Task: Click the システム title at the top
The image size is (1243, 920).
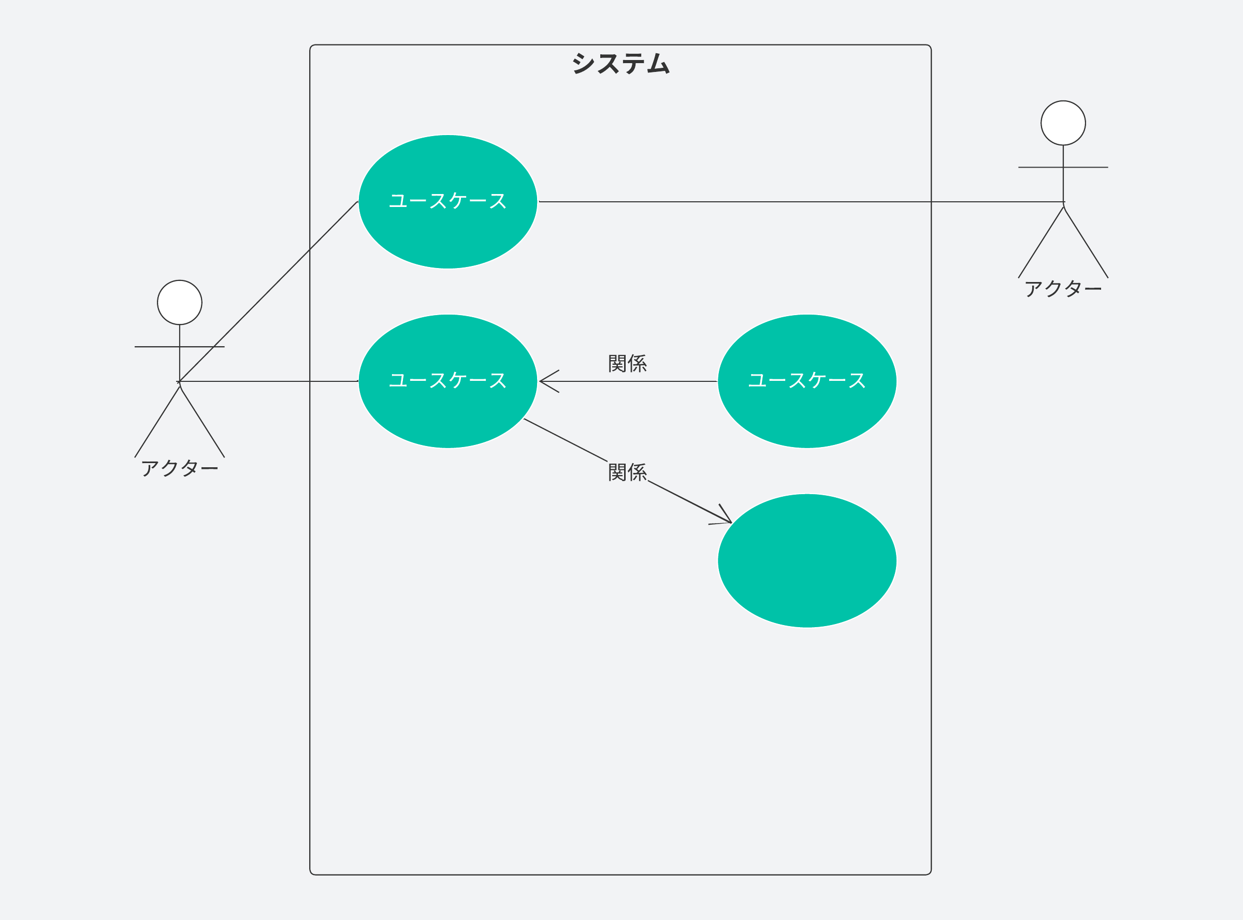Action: [x=620, y=64]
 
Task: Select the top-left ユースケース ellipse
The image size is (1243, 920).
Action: [x=447, y=234]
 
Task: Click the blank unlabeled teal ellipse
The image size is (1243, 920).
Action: [x=806, y=561]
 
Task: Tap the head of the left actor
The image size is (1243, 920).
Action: [x=180, y=302]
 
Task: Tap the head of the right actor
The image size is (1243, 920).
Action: [x=1063, y=123]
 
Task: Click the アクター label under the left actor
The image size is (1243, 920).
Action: [x=180, y=468]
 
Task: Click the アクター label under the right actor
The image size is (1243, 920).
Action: [x=1063, y=289]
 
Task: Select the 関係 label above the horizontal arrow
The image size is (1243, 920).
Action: [x=628, y=364]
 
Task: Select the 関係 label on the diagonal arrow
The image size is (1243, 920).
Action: [x=628, y=472]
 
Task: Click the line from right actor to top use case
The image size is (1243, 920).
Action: [x=781, y=202]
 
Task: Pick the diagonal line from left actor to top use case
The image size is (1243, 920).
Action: [x=268, y=291]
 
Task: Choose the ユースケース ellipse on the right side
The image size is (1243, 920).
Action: [x=806, y=412]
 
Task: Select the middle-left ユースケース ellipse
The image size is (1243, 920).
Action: [x=447, y=412]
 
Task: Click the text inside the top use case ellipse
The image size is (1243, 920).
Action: [x=447, y=201]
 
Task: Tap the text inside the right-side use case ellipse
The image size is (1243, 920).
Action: [x=806, y=380]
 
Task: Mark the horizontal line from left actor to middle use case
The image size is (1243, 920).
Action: [x=268, y=381]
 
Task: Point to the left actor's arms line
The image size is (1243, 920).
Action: [x=151, y=347]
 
